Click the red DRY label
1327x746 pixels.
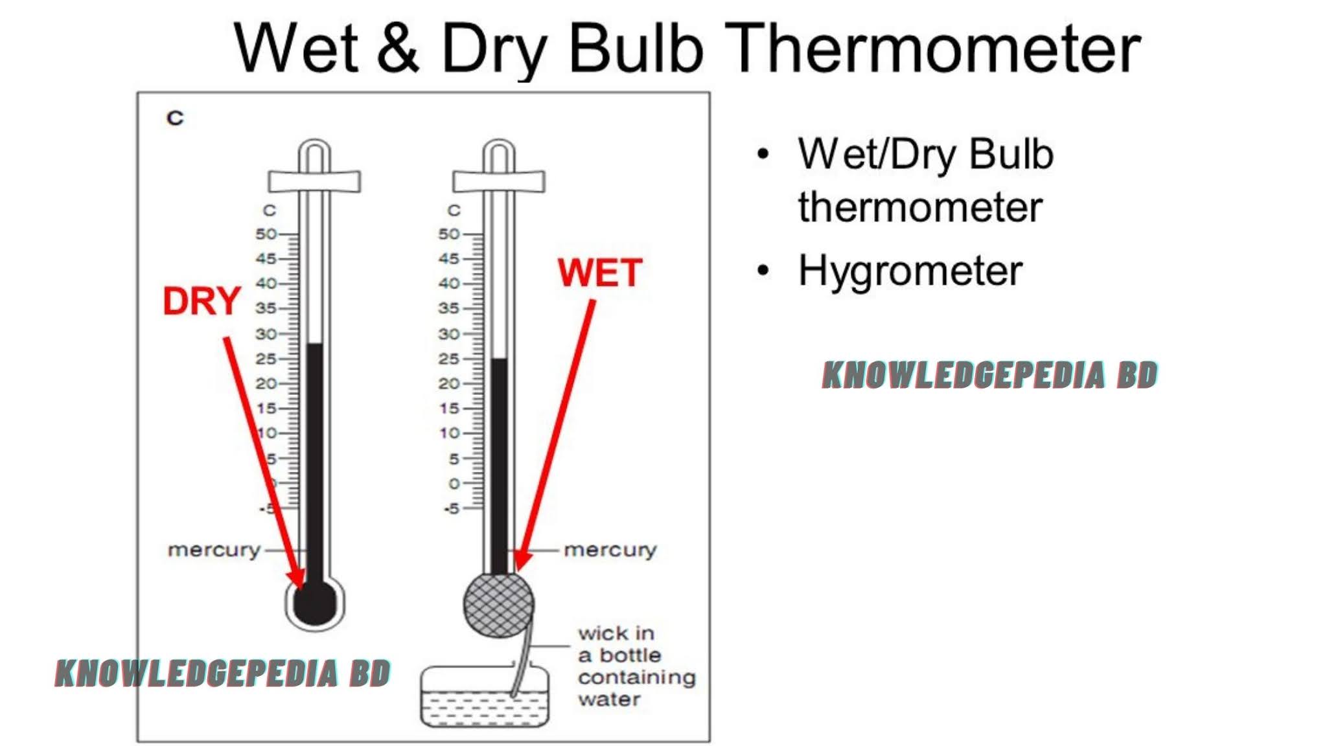(202, 301)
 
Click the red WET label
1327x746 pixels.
(600, 273)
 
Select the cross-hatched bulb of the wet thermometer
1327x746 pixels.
(499, 604)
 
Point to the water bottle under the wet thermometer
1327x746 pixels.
(485, 695)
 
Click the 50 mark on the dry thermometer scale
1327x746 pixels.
(266, 234)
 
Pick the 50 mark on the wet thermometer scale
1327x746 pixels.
(450, 234)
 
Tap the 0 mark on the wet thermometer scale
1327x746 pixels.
(455, 484)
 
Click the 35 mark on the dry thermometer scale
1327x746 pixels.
(266, 308)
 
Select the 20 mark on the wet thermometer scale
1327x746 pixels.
(450, 383)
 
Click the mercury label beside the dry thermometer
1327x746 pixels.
(214, 550)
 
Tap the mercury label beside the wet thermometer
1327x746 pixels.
(610, 550)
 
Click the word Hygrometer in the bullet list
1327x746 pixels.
(910, 271)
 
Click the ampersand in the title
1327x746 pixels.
(398, 48)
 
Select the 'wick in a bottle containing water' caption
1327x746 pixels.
(637, 666)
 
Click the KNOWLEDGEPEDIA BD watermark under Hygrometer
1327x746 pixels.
(990, 376)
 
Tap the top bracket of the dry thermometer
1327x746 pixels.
(315, 181)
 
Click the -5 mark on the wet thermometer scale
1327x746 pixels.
(452, 509)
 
